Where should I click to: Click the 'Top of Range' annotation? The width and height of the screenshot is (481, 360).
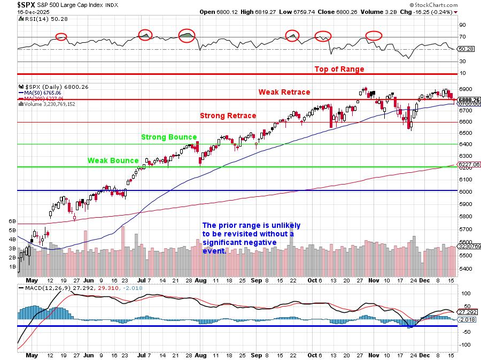339,69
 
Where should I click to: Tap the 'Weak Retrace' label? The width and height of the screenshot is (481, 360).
284,92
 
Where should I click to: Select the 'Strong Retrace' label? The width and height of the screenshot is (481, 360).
228,116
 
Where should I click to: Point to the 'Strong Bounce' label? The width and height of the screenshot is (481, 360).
169,137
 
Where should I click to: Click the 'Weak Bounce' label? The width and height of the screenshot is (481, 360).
113,160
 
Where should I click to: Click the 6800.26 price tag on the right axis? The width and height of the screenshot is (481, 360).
469,100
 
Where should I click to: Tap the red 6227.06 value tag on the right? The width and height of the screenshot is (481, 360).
469,164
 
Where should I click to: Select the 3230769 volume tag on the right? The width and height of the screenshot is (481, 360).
469,247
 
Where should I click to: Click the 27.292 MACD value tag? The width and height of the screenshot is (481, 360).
468,311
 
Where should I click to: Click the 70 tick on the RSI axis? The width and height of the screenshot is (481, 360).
463,37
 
